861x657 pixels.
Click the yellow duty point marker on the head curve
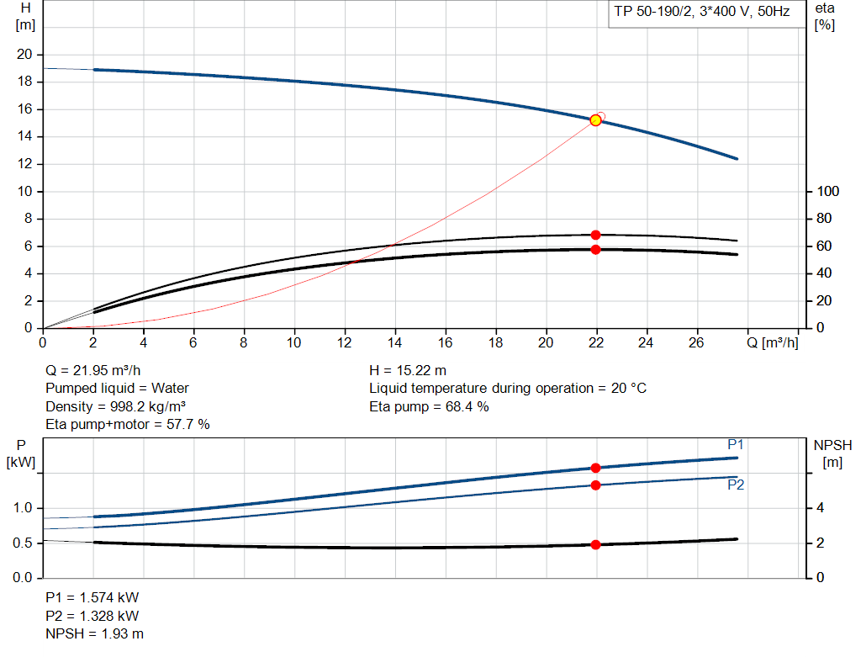(x=595, y=120)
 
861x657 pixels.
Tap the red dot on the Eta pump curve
(x=595, y=235)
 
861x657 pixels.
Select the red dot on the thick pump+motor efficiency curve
(x=595, y=249)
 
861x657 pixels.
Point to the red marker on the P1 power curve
(x=595, y=468)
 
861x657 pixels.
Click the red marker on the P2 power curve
(x=595, y=485)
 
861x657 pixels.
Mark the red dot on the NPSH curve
(x=595, y=544)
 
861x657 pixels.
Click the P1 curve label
(x=736, y=444)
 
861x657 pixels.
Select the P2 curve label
(x=736, y=485)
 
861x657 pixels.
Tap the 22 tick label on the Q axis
(x=596, y=342)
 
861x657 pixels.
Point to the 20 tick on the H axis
(x=24, y=55)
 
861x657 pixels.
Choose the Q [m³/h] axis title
(x=772, y=342)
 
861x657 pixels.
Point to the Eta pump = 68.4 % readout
(x=429, y=406)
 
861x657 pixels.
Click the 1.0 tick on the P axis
(x=23, y=508)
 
